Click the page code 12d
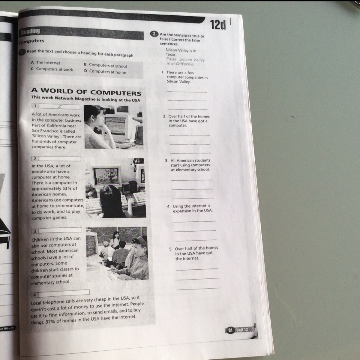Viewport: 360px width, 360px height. pos(217,25)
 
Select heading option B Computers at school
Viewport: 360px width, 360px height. pos(105,65)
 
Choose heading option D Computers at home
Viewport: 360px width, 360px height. pos(105,72)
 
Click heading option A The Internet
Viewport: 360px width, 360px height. pos(46,63)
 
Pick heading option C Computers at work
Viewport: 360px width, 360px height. pos(52,69)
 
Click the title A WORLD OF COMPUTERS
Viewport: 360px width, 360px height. pos(86,91)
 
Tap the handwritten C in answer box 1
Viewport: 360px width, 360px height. pos(60,107)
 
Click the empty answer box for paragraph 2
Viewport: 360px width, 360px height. pos(60,159)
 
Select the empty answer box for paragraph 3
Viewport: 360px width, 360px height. pos(60,230)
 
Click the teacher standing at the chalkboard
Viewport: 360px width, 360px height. pos(115,240)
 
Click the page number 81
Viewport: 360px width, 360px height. pos(230,330)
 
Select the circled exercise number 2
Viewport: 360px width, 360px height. pos(154,34)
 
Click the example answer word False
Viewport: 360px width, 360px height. pos(172,59)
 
